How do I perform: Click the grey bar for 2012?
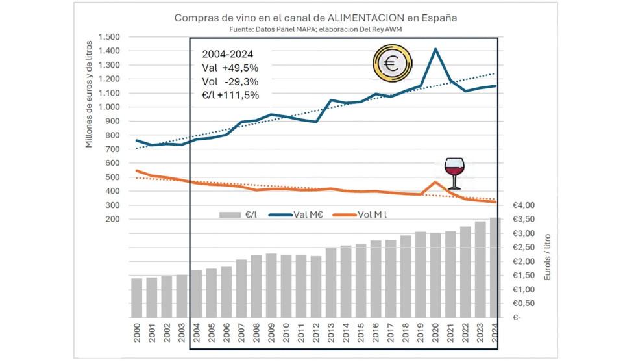click(316, 287)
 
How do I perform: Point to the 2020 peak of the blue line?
click(435, 49)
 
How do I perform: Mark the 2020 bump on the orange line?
click(435, 183)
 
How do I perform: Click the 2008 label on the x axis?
click(256, 336)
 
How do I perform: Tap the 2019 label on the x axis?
click(420, 336)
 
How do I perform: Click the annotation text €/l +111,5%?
click(231, 95)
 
